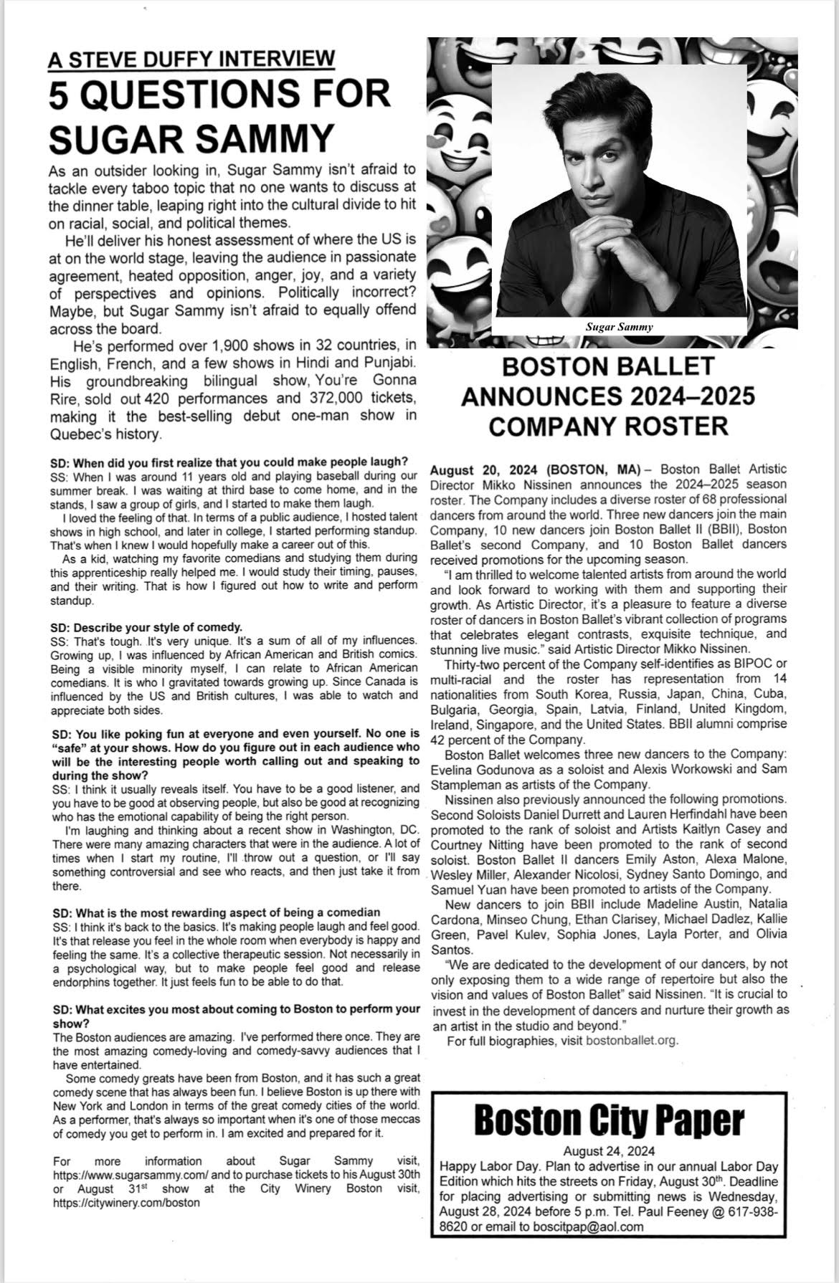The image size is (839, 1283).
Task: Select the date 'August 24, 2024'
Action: [610, 1152]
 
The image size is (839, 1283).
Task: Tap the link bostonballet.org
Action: [631, 1040]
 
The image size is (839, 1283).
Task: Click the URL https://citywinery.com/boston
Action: [126, 1203]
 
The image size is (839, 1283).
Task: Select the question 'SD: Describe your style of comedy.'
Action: [147, 626]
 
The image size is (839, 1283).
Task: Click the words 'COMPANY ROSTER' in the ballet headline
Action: [608, 426]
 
